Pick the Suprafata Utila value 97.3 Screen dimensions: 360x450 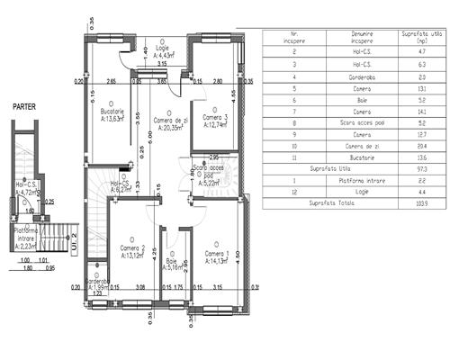tap(417, 168)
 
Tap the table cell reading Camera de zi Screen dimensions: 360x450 tap(354, 145)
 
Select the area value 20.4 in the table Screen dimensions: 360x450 tap(417, 145)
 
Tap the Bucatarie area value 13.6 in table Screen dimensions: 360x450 tap(417, 157)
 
